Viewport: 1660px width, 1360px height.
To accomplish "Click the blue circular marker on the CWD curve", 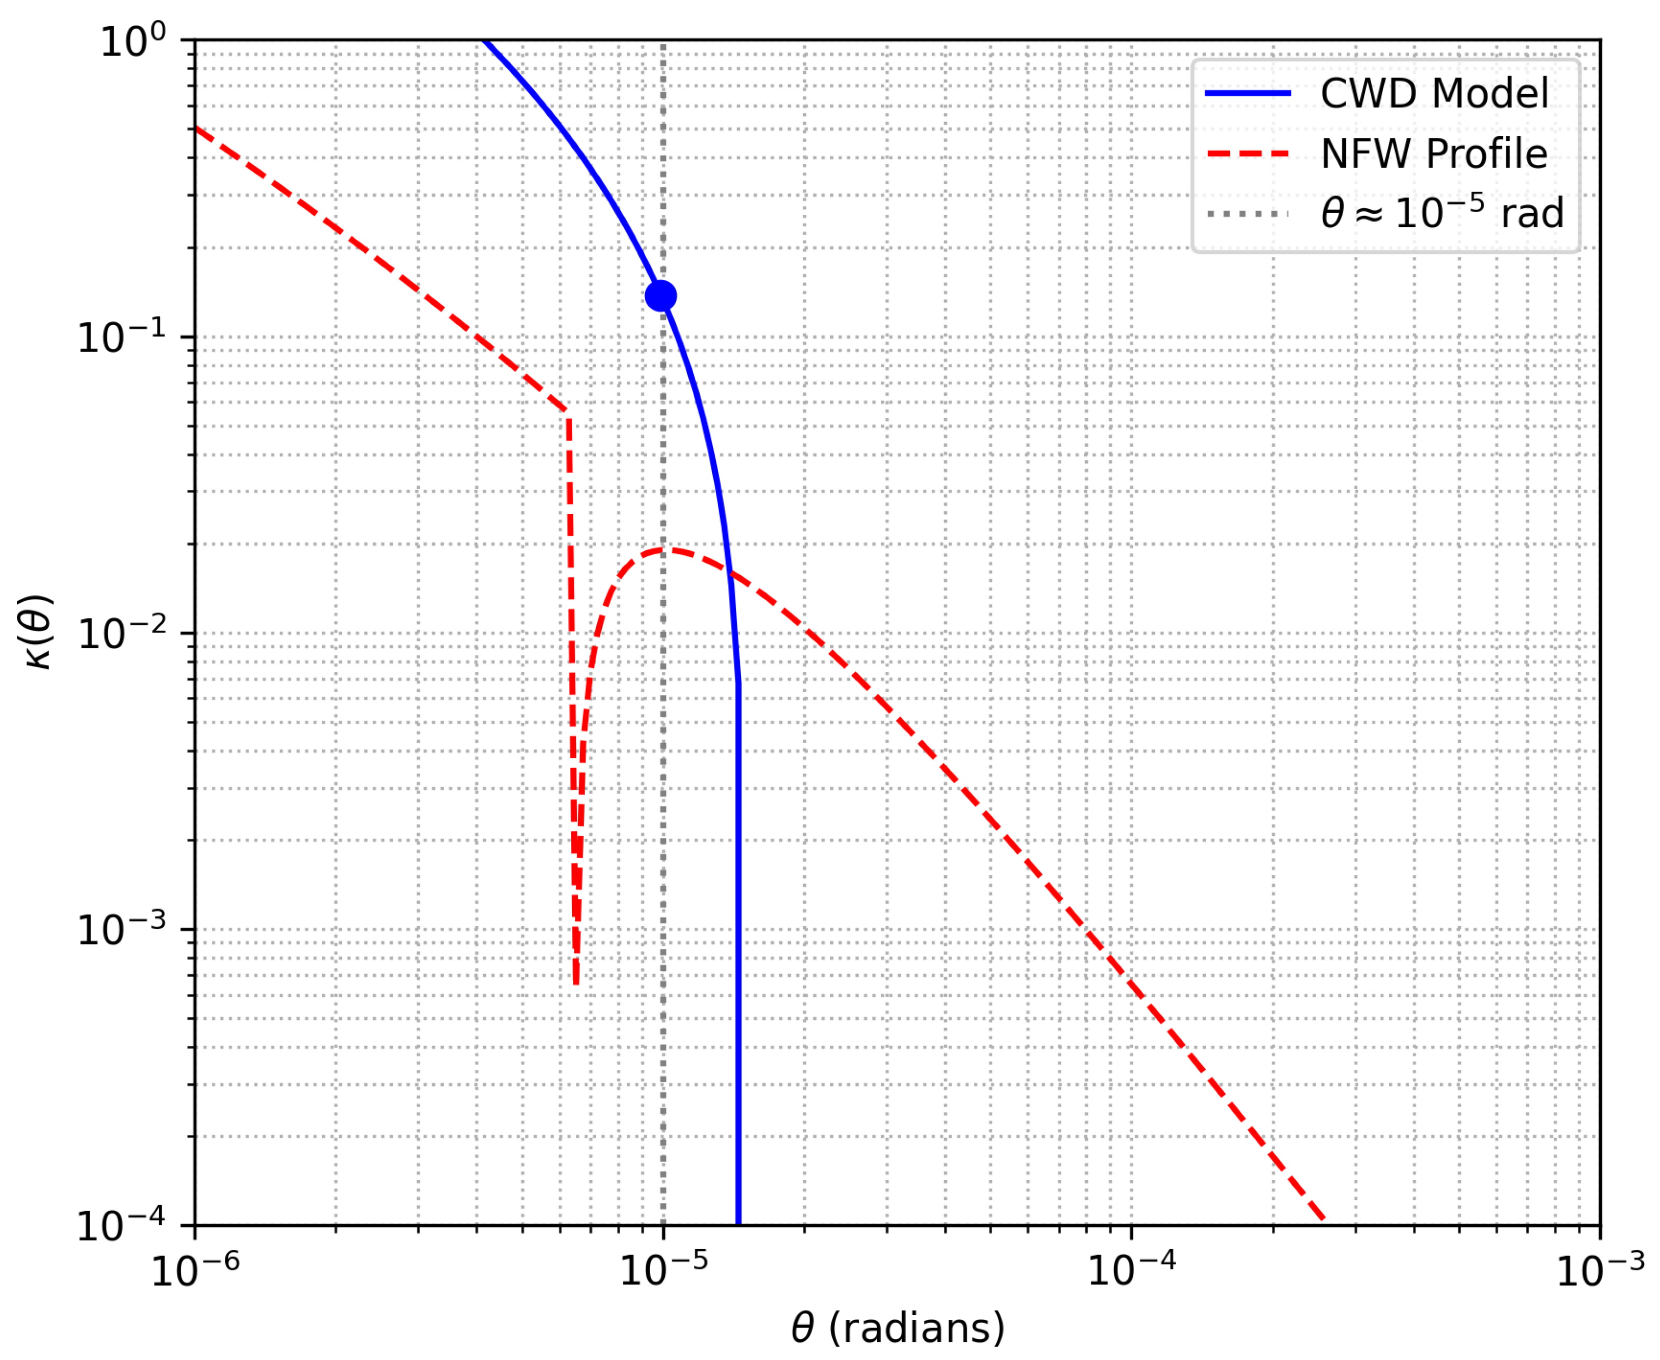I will [661, 296].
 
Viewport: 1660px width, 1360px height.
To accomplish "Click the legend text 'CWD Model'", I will [1434, 94].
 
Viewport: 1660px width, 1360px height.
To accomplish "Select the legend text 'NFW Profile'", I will [1434, 153].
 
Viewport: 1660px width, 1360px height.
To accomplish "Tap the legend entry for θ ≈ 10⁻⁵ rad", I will [1442, 213].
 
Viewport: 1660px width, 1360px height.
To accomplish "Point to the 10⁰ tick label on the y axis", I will [133, 41].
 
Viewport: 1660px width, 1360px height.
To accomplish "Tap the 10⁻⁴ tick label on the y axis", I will [122, 1226].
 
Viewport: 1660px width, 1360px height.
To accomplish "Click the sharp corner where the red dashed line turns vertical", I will [568, 411].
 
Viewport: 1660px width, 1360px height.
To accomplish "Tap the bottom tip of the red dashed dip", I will [576, 983].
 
